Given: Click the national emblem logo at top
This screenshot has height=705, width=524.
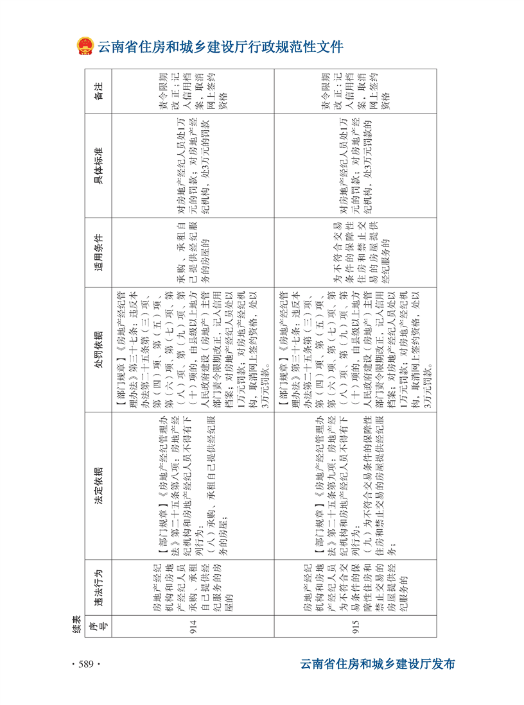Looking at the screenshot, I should click(85, 47).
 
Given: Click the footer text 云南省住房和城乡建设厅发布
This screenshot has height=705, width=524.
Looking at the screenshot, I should click(378, 664).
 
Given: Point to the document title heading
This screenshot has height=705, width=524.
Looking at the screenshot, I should click(220, 47).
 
